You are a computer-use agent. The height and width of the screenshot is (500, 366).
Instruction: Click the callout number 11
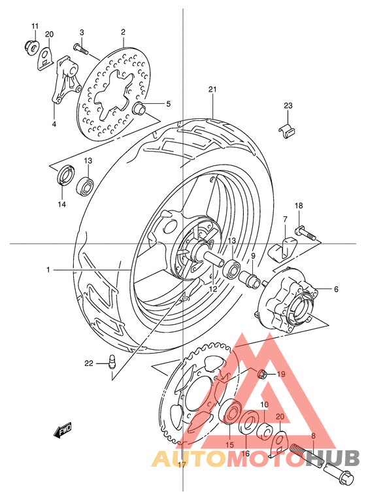35,25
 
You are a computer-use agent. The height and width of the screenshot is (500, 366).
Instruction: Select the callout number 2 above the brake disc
122,31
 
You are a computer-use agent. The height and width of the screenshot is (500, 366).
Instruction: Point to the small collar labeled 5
139,108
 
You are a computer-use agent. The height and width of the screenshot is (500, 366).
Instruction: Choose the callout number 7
285,220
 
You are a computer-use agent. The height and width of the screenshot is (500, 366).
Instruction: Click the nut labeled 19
261,374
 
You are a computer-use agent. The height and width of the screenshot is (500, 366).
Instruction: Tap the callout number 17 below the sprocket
182,465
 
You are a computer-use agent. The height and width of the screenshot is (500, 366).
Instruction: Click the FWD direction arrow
63,431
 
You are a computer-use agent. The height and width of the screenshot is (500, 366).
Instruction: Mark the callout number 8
313,435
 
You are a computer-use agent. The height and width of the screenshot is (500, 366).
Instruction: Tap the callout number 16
246,453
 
